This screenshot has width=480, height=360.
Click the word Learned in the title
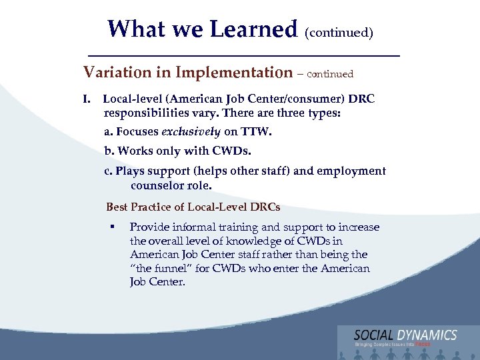[x=253, y=29]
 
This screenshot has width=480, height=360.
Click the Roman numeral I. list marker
[x=87, y=99]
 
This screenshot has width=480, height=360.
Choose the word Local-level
[x=131, y=99]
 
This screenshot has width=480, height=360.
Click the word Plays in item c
[x=130, y=171]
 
